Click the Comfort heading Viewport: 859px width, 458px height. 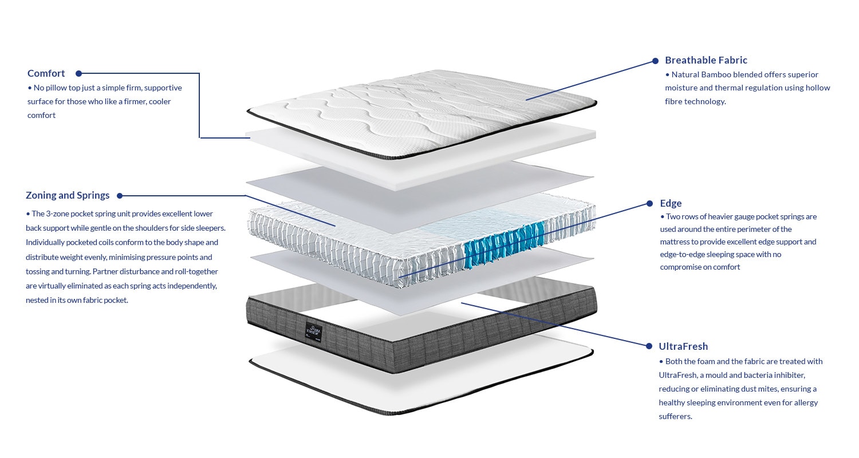tap(46, 73)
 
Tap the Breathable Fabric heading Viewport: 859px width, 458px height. tap(706, 60)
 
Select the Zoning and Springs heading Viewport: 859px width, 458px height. tap(68, 195)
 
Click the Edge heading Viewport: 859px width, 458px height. tap(671, 203)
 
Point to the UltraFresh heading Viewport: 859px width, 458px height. tap(683, 346)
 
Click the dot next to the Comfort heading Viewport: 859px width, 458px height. tap(79, 73)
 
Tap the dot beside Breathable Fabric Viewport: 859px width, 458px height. tap(656, 61)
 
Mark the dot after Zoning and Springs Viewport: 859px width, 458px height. tap(120, 196)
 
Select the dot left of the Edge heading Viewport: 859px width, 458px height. tap(649, 203)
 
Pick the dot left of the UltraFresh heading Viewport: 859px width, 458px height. tap(649, 346)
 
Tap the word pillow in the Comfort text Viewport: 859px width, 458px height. tap(58, 88)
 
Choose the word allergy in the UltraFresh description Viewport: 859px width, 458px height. tap(804, 402)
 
